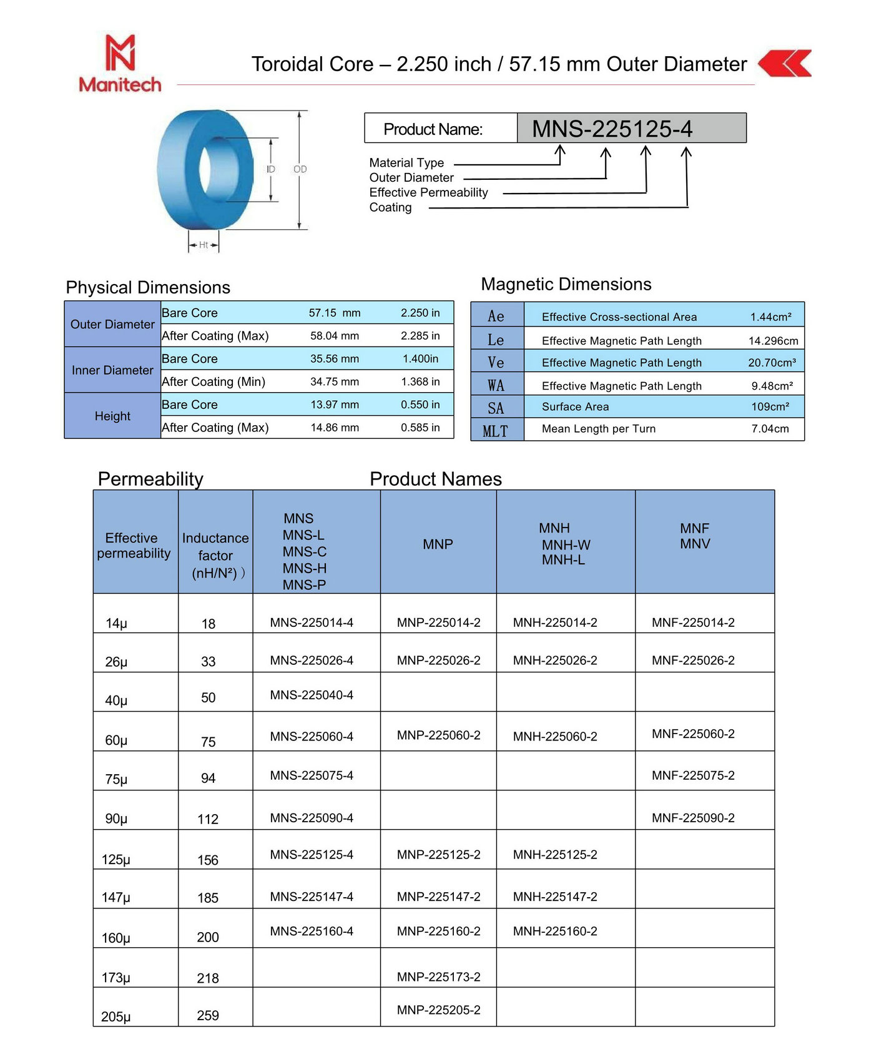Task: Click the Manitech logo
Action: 120,64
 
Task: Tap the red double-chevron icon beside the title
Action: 785,63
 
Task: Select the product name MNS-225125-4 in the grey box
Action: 612,129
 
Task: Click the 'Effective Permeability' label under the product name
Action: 428,192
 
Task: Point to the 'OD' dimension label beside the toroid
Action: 300,169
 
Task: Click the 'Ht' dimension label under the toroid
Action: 204,245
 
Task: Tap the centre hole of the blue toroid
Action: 206,170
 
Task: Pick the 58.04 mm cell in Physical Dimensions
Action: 335,336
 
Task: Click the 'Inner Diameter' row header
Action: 112,370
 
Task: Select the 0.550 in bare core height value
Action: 420,405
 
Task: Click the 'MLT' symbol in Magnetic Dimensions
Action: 496,431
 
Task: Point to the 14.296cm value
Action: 773,341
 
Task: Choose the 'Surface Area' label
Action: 575,407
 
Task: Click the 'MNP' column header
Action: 438,544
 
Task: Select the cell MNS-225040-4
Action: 312,695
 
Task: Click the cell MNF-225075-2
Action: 693,775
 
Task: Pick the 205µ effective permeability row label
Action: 116,1016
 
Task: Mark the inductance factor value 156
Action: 208,860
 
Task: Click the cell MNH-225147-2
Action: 555,897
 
